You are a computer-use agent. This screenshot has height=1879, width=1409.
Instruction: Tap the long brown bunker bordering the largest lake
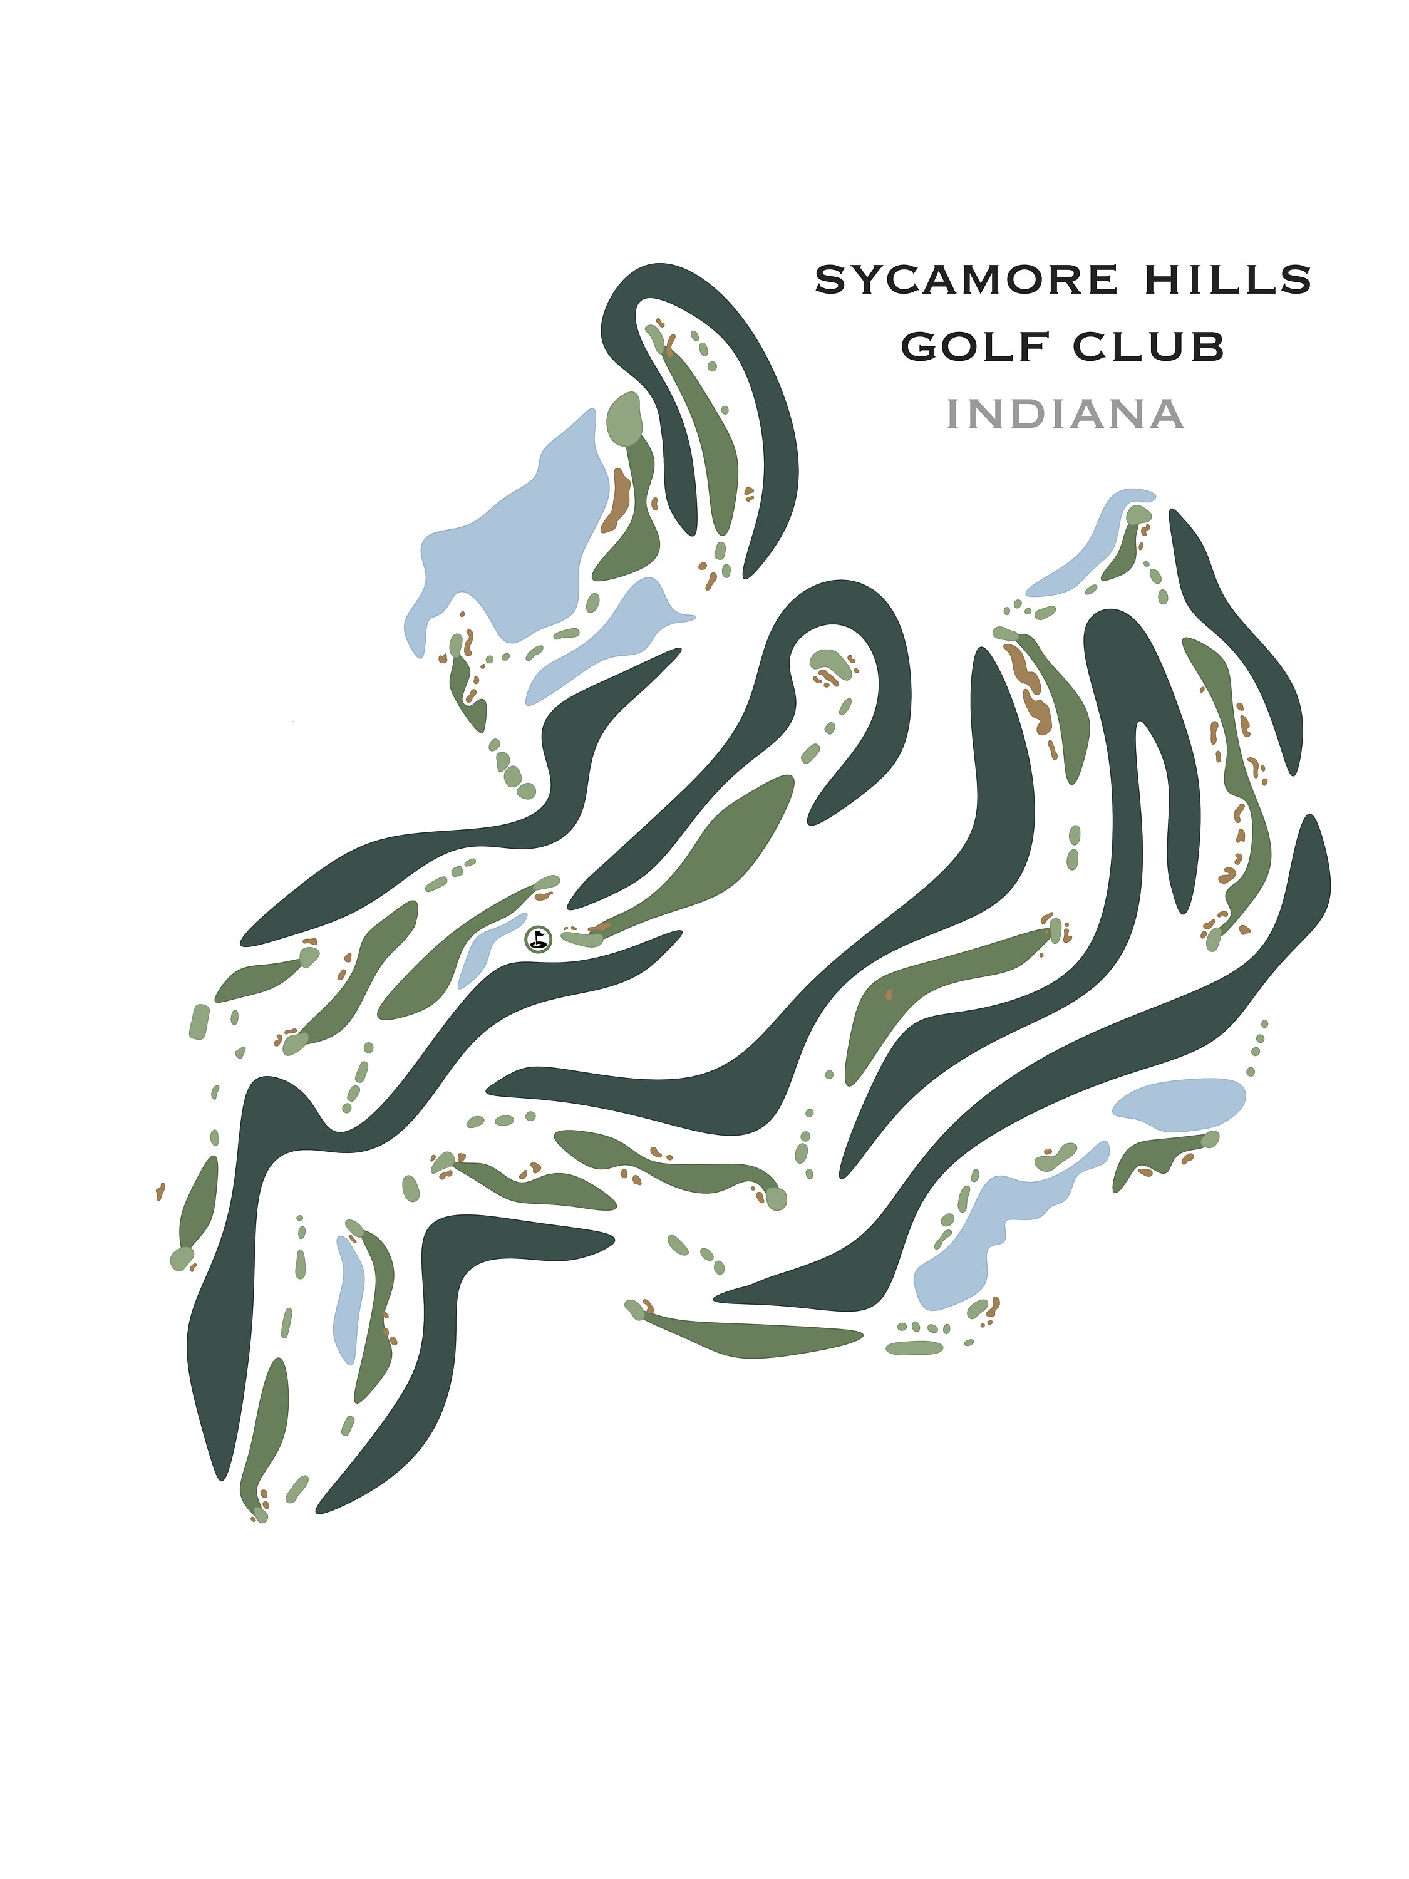tap(618, 501)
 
